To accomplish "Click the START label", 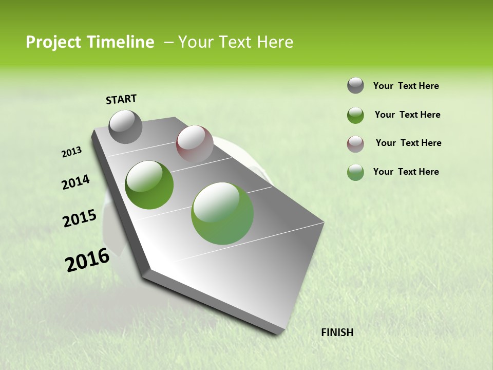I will point(121,99).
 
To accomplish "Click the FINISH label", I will point(337,332).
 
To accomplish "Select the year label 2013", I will point(71,152).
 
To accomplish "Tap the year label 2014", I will point(75,182).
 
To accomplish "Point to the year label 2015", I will point(80,218).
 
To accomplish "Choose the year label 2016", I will point(87,260).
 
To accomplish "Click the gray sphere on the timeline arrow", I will point(125,126).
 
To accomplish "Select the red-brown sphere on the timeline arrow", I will point(195,144).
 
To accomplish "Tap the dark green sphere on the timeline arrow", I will point(149,184).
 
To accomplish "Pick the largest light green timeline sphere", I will point(222,213).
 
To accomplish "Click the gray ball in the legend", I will point(355,85).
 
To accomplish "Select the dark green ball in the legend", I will point(355,115).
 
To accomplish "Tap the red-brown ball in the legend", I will point(355,143).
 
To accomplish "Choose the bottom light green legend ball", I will point(355,172).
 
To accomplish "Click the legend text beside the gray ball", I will point(406,86).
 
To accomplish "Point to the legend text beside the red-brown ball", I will point(408,143).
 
